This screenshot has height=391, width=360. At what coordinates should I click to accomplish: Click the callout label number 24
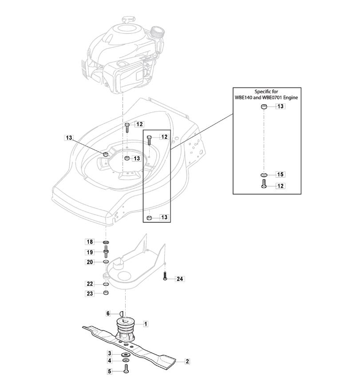click(x=180, y=279)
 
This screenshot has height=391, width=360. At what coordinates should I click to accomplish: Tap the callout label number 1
click(x=146, y=324)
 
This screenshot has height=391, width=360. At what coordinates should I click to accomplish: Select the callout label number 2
click(x=187, y=361)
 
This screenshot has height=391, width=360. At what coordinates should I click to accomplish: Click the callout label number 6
click(x=108, y=313)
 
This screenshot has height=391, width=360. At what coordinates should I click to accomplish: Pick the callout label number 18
click(x=90, y=241)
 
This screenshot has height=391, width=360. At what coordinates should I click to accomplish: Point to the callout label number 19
click(x=90, y=252)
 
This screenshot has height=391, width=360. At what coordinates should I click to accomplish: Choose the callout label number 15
click(x=281, y=174)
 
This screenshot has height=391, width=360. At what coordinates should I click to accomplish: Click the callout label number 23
click(x=90, y=293)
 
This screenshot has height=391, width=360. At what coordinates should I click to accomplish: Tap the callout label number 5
click(x=110, y=371)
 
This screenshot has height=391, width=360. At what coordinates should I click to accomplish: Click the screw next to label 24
click(x=165, y=276)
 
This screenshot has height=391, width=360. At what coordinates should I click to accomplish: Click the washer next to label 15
click(x=264, y=174)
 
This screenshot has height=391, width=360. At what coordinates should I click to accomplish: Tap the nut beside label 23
click(x=106, y=292)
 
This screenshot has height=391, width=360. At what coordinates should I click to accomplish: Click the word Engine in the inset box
click(x=291, y=98)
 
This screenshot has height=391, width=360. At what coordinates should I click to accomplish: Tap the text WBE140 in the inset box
click(x=243, y=98)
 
